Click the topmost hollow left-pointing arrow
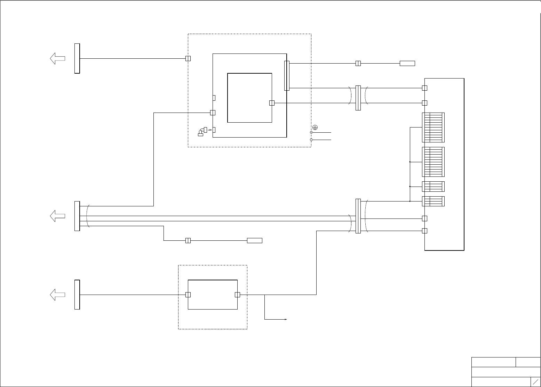(x=57, y=58)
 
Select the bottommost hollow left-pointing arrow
(x=57, y=295)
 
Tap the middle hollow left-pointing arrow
(x=57, y=216)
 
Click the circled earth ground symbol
(x=315, y=127)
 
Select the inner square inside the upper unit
(x=249, y=98)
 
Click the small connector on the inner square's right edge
(x=272, y=103)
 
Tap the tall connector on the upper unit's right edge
(x=287, y=76)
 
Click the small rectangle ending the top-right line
(x=407, y=63)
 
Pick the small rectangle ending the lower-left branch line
(x=254, y=240)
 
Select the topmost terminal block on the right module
(x=433, y=127)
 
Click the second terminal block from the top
(x=433, y=162)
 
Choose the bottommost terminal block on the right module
(x=433, y=201)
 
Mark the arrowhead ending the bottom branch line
(x=286, y=319)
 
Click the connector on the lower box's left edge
(x=188, y=295)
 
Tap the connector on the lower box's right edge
(x=238, y=295)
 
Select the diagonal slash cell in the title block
(x=535, y=381)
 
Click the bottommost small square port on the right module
(x=424, y=231)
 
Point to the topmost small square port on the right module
(x=424, y=88)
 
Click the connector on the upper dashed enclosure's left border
(x=188, y=58)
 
